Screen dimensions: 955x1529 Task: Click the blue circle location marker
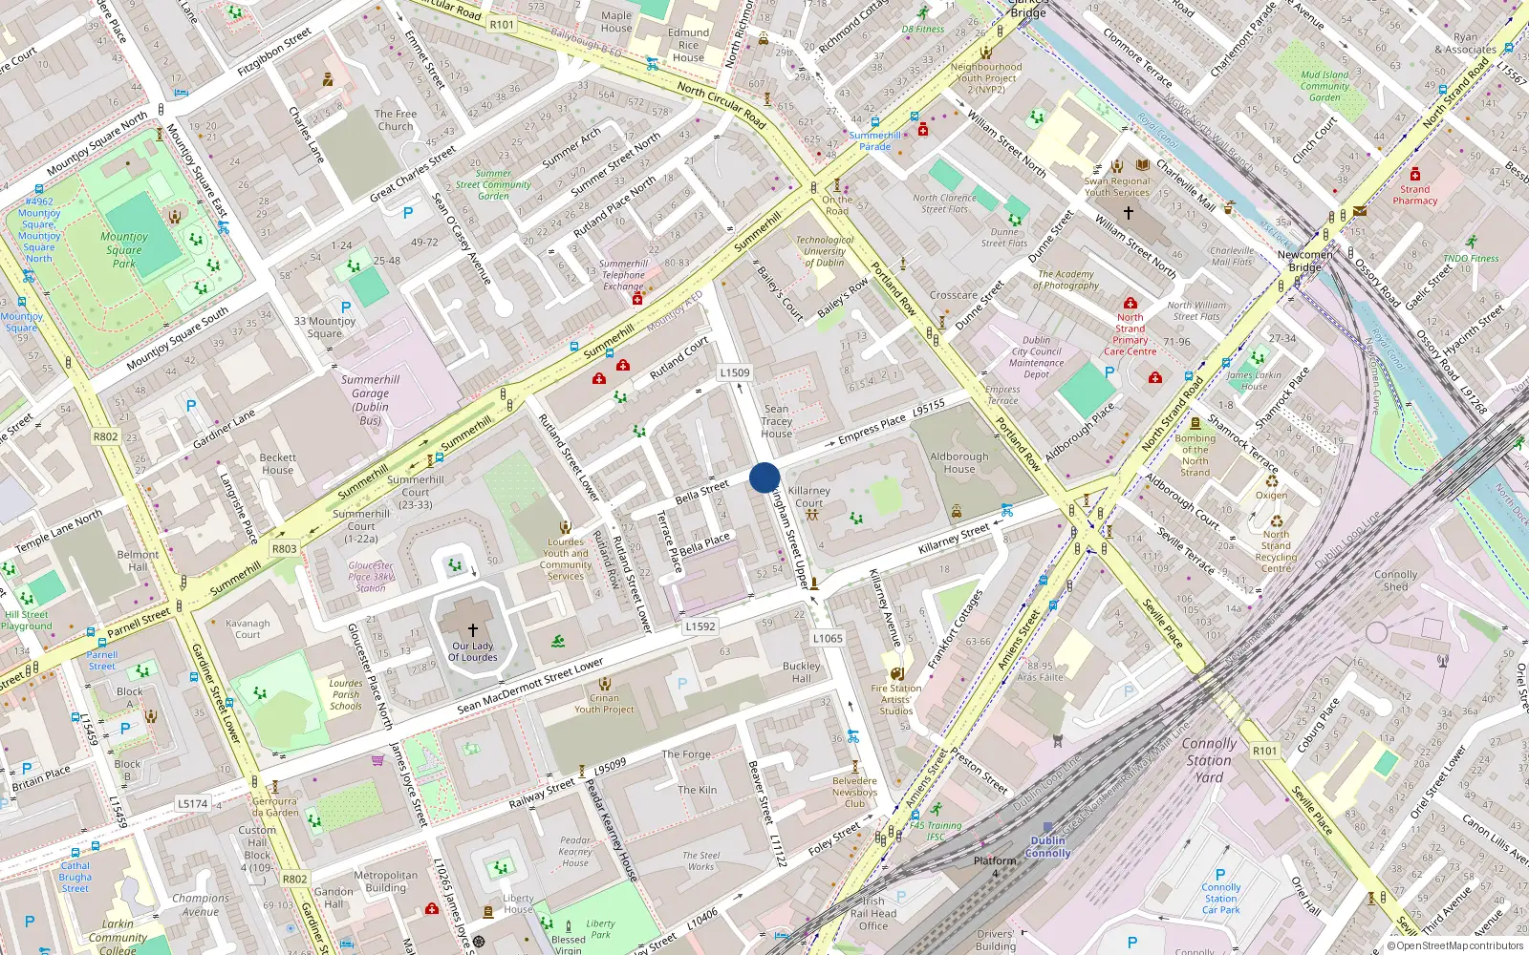point(764,477)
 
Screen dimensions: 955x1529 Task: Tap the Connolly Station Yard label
point(1209,760)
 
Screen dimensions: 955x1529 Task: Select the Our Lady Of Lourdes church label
point(473,651)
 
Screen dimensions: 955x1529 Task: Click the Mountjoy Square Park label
point(125,250)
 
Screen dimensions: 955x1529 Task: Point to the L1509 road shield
point(735,373)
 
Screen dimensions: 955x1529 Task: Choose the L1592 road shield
point(700,626)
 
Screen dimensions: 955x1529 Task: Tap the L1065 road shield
point(828,638)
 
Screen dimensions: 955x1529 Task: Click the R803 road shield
point(284,549)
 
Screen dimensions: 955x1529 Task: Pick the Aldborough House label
point(959,463)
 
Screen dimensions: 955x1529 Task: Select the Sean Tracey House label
point(777,421)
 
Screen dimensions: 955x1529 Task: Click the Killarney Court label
point(808,497)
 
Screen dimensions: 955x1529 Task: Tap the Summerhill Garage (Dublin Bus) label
point(370,399)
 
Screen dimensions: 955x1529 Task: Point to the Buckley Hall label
point(801,672)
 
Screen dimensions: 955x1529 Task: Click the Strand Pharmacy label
point(1415,195)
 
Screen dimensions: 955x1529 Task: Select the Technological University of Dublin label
point(825,251)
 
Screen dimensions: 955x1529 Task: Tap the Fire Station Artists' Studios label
point(896,699)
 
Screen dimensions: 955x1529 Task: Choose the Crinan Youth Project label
point(604,703)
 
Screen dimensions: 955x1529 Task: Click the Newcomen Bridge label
point(1304,261)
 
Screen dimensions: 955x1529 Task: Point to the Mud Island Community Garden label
point(1324,86)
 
